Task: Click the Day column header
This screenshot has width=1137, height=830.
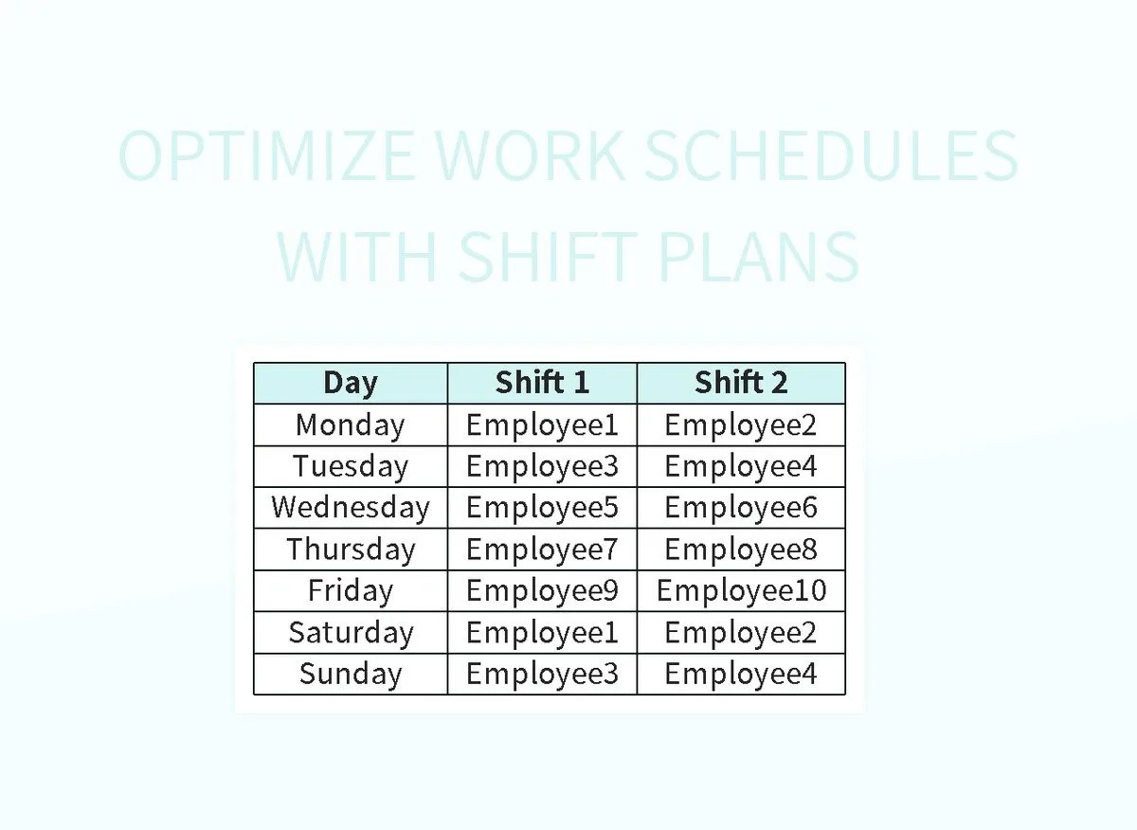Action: click(351, 383)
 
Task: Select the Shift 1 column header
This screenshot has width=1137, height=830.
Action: click(542, 383)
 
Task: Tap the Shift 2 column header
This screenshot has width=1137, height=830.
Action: click(741, 383)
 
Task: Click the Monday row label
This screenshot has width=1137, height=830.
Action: click(351, 424)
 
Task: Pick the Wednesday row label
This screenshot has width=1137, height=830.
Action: click(351, 508)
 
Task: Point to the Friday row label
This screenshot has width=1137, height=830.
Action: click(351, 591)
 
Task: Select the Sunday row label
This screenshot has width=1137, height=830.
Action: click(351, 674)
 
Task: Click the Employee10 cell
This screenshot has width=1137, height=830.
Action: click(741, 591)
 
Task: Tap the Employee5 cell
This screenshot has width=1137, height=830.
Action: click(542, 508)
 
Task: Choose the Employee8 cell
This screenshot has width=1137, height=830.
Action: click(741, 550)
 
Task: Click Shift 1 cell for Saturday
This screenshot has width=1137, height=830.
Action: click(542, 632)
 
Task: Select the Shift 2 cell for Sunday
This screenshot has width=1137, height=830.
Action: click(741, 674)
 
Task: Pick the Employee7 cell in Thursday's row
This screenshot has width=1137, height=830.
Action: click(542, 550)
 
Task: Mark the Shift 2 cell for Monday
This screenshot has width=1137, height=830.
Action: click(741, 424)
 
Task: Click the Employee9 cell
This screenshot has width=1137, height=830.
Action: click(542, 591)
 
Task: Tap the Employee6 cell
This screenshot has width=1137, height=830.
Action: click(741, 508)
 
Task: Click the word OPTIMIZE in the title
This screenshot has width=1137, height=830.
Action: click(266, 156)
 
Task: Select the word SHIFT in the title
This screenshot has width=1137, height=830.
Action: click(548, 256)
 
